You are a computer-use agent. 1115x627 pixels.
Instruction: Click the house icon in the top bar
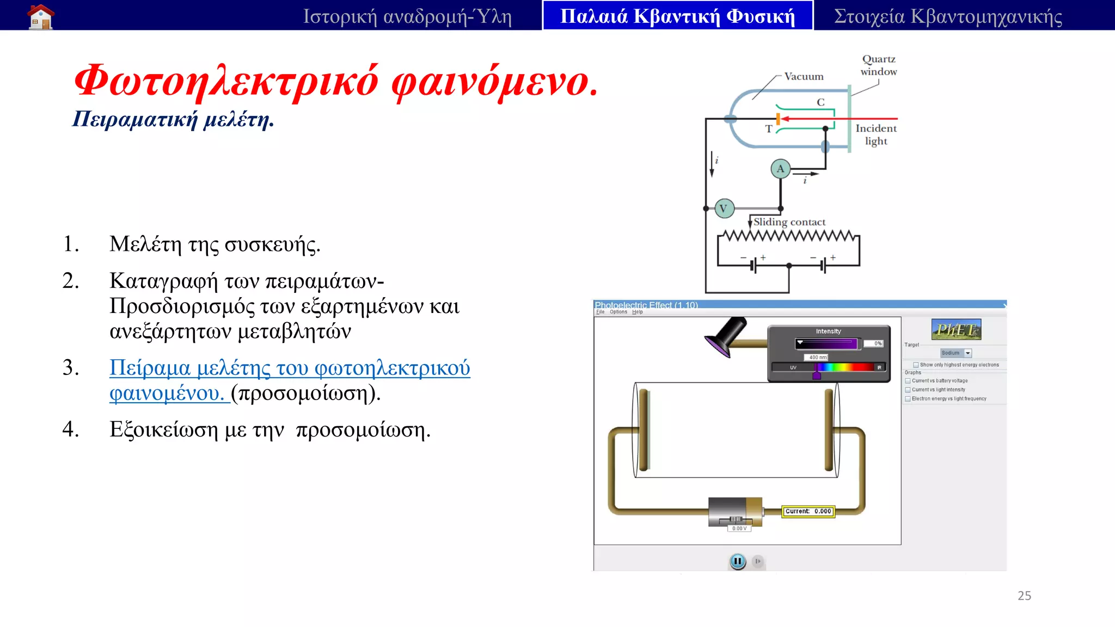point(41,16)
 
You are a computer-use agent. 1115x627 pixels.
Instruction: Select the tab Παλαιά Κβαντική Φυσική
point(677,16)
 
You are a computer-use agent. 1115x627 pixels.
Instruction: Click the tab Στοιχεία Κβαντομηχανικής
point(948,16)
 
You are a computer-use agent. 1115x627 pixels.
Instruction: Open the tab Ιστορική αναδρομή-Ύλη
point(407,16)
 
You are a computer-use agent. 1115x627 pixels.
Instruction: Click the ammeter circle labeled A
point(780,169)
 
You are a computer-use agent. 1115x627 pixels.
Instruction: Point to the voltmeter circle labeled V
point(724,208)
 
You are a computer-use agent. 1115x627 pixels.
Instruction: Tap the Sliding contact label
point(789,222)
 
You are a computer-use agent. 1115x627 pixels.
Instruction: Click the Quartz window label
point(878,65)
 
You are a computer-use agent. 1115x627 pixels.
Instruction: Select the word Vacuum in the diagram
point(804,77)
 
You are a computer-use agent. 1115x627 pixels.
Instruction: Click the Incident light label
point(875,134)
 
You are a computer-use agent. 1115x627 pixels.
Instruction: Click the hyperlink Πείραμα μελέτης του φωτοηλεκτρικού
point(289,368)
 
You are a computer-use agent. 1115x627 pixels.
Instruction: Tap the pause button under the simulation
point(737,561)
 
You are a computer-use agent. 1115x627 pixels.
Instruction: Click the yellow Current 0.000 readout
point(808,511)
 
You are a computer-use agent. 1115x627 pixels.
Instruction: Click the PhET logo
point(956,330)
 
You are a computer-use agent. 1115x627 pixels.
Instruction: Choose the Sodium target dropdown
point(955,353)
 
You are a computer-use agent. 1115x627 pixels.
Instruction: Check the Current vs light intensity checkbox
point(908,390)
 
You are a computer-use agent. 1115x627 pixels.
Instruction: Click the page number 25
point(1024,595)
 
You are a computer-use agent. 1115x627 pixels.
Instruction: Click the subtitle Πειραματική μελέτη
point(173,119)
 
